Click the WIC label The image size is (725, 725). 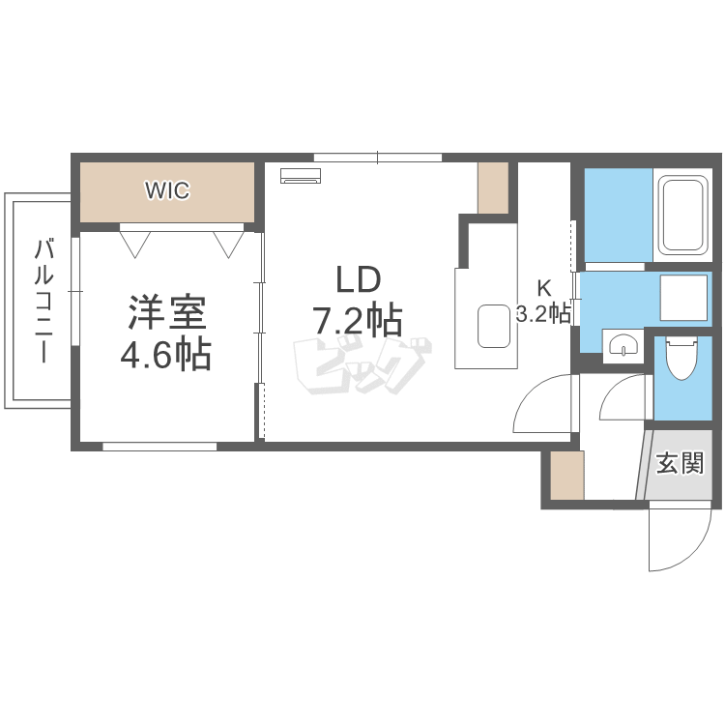[167, 190]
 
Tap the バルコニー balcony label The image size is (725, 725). [43, 301]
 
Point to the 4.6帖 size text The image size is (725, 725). [165, 356]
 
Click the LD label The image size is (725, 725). [358, 280]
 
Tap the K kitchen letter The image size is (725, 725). [544, 287]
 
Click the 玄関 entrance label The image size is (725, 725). [680, 464]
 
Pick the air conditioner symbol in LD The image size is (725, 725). [301, 175]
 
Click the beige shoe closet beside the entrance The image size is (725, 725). [566, 475]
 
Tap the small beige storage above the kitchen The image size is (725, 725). [493, 188]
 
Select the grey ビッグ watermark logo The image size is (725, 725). [361, 365]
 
